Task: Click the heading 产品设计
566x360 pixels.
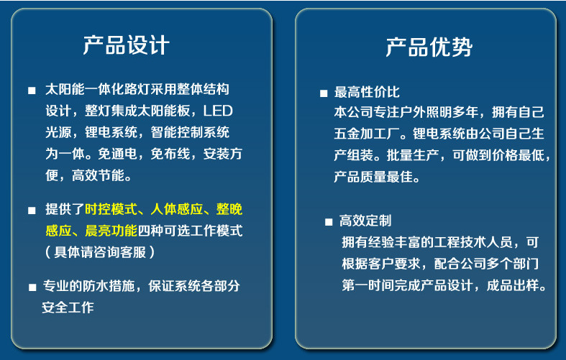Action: coord(126,45)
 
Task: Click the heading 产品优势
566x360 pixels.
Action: coord(429,47)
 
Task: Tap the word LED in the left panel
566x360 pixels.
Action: coord(218,111)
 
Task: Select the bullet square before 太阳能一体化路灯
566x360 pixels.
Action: coord(32,91)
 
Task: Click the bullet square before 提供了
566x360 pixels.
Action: coord(32,211)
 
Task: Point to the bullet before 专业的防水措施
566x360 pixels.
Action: coord(32,287)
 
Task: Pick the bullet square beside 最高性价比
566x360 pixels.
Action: coord(324,93)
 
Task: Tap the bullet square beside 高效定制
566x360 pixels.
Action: coord(329,222)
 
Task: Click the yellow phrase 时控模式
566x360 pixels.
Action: coord(111,209)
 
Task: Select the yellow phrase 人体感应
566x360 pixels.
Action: coord(177,209)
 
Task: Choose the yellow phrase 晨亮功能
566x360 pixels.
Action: coord(111,231)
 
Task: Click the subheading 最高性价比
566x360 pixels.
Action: coord(367,92)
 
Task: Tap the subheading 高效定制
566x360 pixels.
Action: coord(365,221)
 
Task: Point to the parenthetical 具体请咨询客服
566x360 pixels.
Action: coord(100,252)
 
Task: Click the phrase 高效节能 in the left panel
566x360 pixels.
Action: coord(98,175)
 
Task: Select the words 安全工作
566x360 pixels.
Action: coord(68,308)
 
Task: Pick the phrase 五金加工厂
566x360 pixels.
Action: coord(367,134)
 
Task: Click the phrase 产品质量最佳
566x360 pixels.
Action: coord(373,177)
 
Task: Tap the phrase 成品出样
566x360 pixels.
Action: coord(513,285)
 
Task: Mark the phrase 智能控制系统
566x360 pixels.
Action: coord(190,132)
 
